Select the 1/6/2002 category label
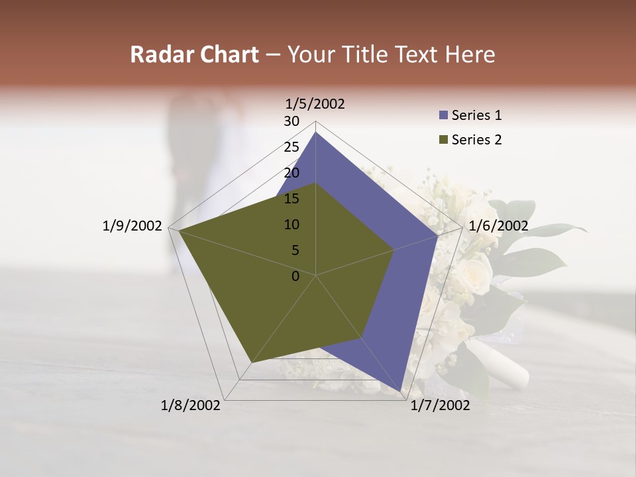click(498, 226)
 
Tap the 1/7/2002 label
click(439, 405)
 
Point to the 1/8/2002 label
click(191, 405)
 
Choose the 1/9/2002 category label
click(132, 226)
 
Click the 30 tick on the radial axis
click(291, 121)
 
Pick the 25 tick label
click(291, 147)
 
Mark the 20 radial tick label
click(291, 173)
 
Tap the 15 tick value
click(291, 199)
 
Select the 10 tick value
click(291, 225)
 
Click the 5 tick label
click(295, 250)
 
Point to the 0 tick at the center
click(295, 276)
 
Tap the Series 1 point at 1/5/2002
click(315, 132)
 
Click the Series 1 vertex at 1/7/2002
click(401, 392)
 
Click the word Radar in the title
click(159, 54)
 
